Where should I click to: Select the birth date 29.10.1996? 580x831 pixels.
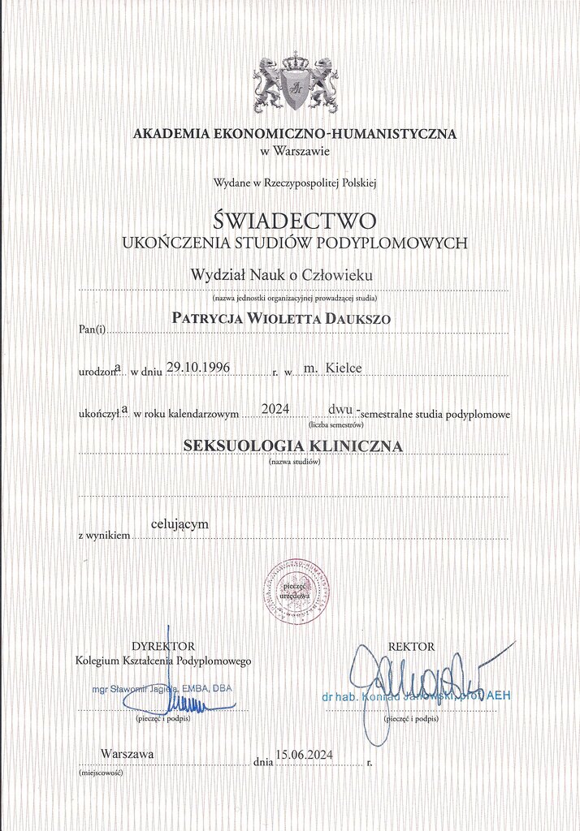[198, 368]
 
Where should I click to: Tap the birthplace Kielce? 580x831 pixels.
[344, 368]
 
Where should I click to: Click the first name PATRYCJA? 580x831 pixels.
[207, 319]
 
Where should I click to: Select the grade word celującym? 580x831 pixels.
[180, 524]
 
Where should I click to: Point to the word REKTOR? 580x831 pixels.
[412, 647]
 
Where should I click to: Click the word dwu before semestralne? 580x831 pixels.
[340, 409]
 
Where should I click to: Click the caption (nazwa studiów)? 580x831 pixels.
[294, 462]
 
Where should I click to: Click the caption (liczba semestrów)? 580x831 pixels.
[335, 424]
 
